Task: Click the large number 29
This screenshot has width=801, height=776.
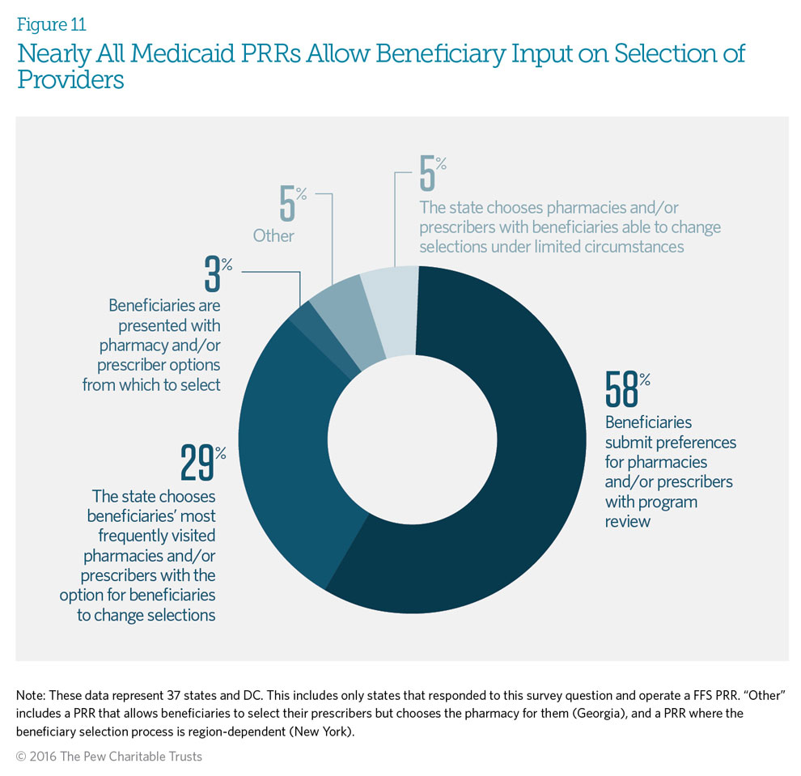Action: pyautogui.click(x=197, y=463)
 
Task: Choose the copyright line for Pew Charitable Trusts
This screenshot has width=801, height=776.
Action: pyautogui.click(x=109, y=757)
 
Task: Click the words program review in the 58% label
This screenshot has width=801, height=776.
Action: pyautogui.click(x=639, y=511)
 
